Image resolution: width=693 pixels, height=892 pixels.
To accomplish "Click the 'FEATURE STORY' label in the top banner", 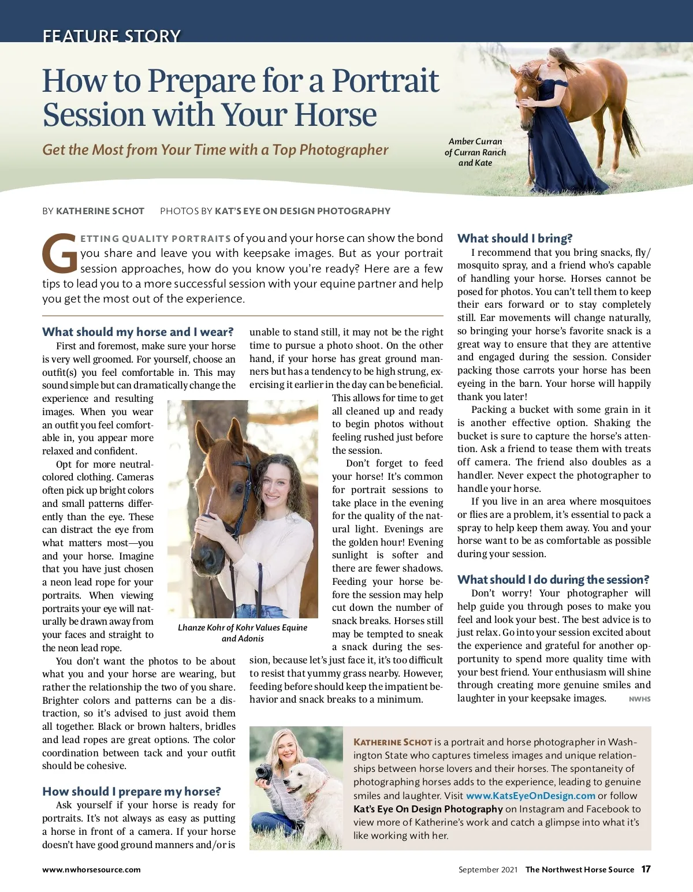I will pyautogui.click(x=111, y=36).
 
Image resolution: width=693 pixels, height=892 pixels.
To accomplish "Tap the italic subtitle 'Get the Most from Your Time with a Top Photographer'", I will pyautogui.click(x=215, y=150).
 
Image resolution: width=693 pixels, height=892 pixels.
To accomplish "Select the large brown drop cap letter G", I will pyautogui.click(x=59, y=253).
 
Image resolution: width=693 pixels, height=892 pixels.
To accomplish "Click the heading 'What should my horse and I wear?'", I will pyautogui.click(x=137, y=332).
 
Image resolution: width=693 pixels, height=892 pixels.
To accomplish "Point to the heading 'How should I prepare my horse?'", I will pyautogui.click(x=131, y=792).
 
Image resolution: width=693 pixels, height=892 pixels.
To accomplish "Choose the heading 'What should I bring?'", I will pyautogui.click(x=515, y=238).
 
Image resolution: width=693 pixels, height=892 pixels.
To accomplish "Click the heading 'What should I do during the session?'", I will pyautogui.click(x=553, y=580).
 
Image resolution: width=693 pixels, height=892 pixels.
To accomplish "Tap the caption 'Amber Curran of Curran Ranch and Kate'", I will pyautogui.click(x=475, y=152).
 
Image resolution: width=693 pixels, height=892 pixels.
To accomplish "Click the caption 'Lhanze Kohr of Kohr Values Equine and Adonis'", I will pyautogui.click(x=243, y=633).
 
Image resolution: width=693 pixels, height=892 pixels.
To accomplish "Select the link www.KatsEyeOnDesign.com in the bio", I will pyautogui.click(x=530, y=796).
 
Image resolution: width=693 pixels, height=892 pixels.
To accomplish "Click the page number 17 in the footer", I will pyautogui.click(x=646, y=869).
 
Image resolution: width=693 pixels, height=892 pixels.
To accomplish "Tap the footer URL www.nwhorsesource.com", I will pyautogui.click(x=91, y=869).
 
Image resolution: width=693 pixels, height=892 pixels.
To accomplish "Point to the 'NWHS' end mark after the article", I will pyautogui.click(x=639, y=699).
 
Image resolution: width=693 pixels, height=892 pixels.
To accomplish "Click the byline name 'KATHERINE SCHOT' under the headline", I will pyautogui.click(x=100, y=211).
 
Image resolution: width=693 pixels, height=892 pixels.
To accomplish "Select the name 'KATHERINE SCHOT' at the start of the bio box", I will pyautogui.click(x=393, y=742).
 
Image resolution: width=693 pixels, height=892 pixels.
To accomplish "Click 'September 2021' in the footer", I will pyautogui.click(x=488, y=869).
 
